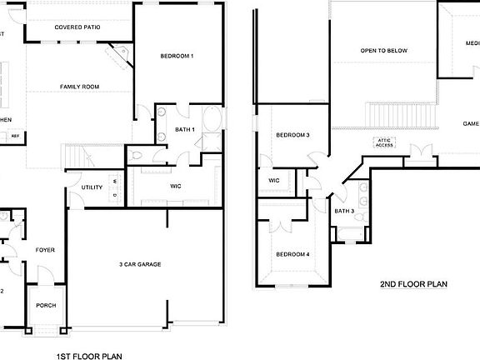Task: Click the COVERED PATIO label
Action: point(77,27)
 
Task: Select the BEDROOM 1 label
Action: point(177,56)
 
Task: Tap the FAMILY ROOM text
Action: point(79,87)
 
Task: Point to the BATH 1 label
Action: point(184,129)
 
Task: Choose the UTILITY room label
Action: point(92,187)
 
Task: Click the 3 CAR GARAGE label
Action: point(139,264)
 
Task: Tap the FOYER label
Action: point(44,250)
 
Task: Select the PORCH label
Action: point(46,305)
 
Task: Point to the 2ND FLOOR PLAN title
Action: point(413,284)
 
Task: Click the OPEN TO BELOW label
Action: point(383,50)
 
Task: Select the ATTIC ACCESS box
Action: point(384,142)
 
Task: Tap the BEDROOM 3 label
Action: point(292,135)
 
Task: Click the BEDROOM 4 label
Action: point(292,254)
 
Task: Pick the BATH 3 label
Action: point(344,211)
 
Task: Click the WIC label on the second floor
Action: point(273,180)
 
